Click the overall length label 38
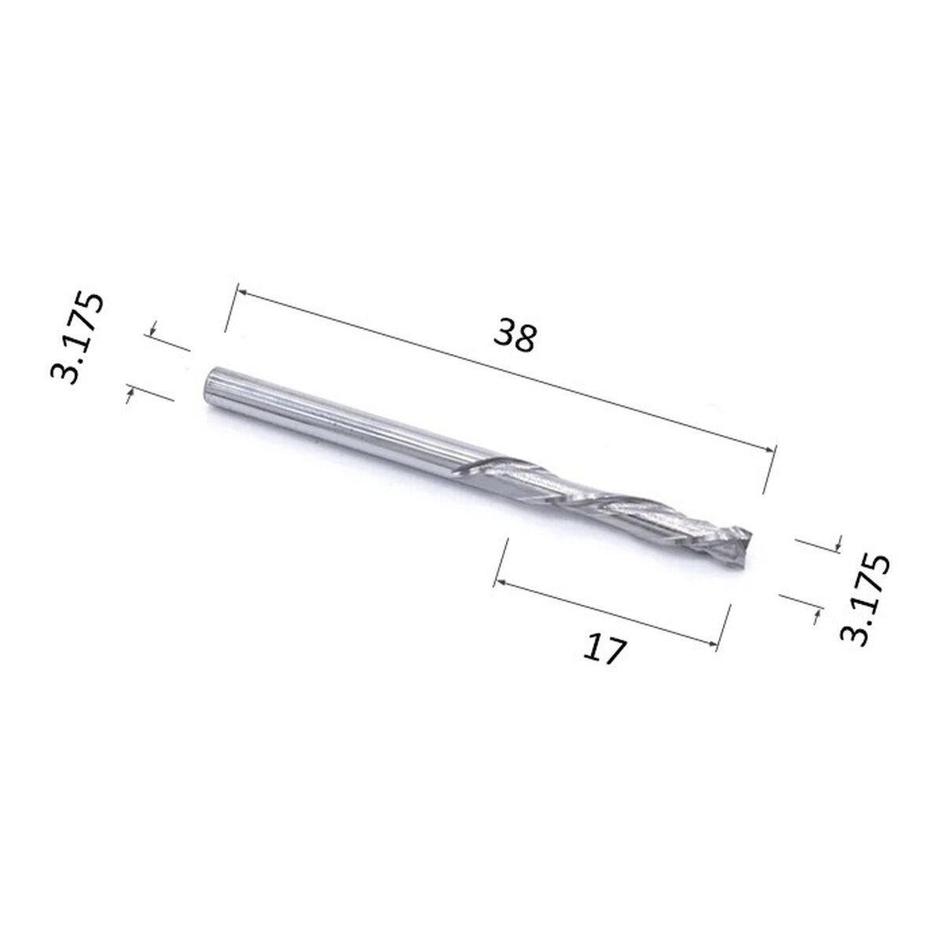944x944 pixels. (x=514, y=337)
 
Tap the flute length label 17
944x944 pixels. (x=606, y=650)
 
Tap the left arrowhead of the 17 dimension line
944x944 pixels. (x=498, y=582)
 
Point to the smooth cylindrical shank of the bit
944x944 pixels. (x=315, y=418)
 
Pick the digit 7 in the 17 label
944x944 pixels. (x=616, y=653)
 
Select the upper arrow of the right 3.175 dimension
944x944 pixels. (x=837, y=543)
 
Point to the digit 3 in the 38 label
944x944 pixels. (x=503, y=334)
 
